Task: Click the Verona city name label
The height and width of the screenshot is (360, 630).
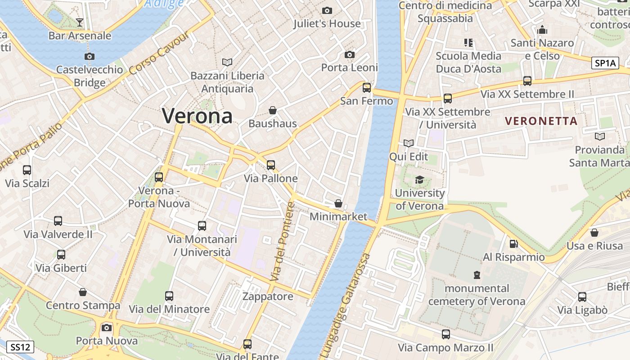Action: pyautogui.click(x=197, y=116)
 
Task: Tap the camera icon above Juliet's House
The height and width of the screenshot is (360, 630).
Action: pyautogui.click(x=327, y=10)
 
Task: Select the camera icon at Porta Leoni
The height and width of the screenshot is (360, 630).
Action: pyautogui.click(x=349, y=54)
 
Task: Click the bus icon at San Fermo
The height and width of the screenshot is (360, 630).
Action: pyautogui.click(x=367, y=88)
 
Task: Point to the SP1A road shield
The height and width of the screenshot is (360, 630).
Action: pyautogui.click(x=605, y=63)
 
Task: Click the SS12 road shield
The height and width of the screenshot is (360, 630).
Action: pyautogui.click(x=20, y=347)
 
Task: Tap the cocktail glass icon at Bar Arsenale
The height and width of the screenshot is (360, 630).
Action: pyautogui.click(x=80, y=22)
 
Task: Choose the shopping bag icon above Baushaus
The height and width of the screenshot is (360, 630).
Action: pyautogui.click(x=273, y=110)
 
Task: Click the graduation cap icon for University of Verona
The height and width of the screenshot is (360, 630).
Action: pyautogui.click(x=419, y=180)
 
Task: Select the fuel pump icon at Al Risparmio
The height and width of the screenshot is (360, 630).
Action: pyautogui.click(x=513, y=244)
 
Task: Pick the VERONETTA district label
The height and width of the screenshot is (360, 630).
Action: pyautogui.click(x=541, y=121)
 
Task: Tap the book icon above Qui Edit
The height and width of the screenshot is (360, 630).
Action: pyautogui.click(x=409, y=143)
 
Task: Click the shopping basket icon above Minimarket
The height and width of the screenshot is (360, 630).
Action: pyautogui.click(x=338, y=203)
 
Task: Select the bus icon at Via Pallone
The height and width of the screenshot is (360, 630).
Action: pyautogui.click(x=270, y=165)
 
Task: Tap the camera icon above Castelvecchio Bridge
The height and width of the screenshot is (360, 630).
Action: pyautogui.click(x=90, y=56)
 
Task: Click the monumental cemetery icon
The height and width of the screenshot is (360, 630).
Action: pyautogui.click(x=477, y=274)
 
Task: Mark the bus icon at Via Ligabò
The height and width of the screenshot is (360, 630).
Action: pyautogui.click(x=582, y=297)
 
